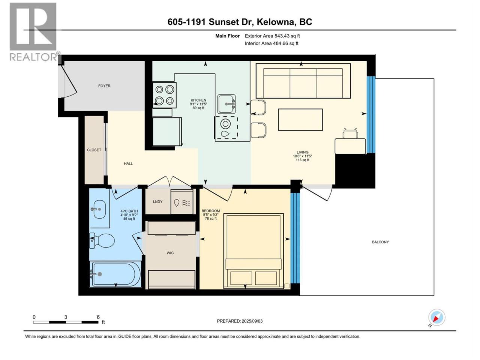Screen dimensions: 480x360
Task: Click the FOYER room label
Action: [x=104, y=86]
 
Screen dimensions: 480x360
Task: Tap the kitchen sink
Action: [x=226, y=104]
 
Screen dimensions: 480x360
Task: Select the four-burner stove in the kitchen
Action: [x=165, y=95]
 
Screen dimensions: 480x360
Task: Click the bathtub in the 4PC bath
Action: [x=115, y=274]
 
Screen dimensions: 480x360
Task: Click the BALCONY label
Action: [x=380, y=242]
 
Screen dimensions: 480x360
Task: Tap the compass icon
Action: [x=437, y=317]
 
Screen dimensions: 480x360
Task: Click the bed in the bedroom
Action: [x=253, y=251]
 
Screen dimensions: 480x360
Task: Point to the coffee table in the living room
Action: [x=300, y=120]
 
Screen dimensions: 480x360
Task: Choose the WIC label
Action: [x=170, y=253]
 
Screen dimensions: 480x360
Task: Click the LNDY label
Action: [x=157, y=201]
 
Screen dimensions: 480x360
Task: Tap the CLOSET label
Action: [x=94, y=150]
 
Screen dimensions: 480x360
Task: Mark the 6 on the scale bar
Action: [x=98, y=317]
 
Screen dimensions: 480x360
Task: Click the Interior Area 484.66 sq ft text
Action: [x=271, y=43]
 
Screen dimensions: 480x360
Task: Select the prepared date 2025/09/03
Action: [x=252, y=321]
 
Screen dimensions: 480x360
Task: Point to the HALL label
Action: [x=128, y=163]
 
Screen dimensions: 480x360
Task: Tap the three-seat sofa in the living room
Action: [x=303, y=81]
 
